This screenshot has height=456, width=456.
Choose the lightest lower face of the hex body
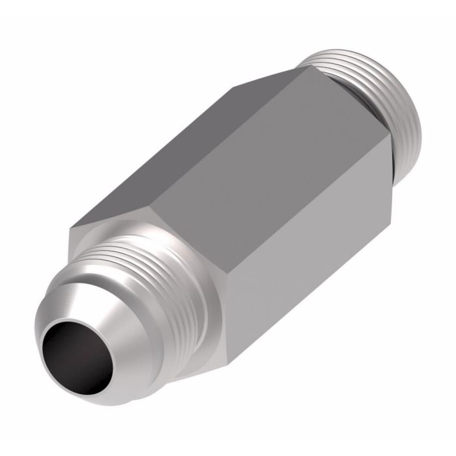[x=306, y=261]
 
